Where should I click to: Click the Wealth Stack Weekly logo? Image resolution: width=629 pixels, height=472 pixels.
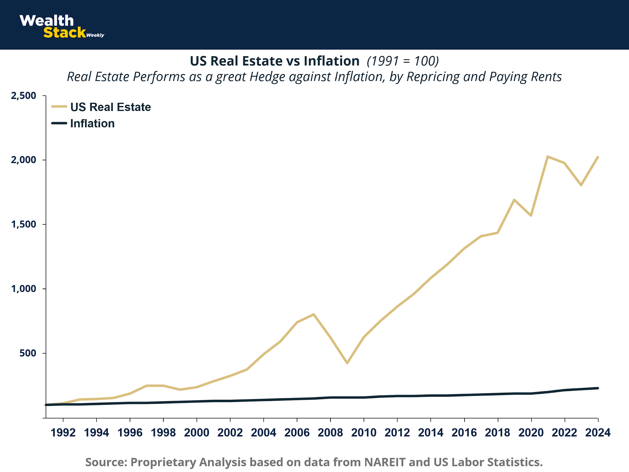click(x=61, y=27)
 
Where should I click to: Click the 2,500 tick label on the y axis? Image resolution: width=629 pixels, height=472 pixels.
click(x=24, y=96)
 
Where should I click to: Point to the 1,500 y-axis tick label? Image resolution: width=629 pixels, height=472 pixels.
click(x=24, y=225)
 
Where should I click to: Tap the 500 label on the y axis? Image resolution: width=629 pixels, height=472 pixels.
click(x=28, y=353)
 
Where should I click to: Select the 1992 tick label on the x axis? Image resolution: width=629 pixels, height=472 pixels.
click(x=63, y=433)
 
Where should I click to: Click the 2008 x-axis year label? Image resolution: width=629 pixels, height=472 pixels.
click(x=330, y=433)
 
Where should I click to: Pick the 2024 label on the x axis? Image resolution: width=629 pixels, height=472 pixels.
click(x=598, y=433)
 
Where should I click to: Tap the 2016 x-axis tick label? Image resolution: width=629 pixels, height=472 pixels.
click(x=464, y=433)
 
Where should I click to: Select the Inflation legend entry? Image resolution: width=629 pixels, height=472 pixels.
click(x=92, y=124)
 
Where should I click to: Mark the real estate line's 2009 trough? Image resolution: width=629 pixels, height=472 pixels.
click(x=347, y=363)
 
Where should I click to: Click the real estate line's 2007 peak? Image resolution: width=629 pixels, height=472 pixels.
click(x=314, y=314)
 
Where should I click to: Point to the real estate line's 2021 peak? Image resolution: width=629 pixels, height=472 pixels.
click(x=548, y=157)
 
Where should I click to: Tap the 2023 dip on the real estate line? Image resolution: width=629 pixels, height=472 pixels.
click(x=581, y=185)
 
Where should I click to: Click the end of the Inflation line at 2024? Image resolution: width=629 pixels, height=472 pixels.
click(x=598, y=388)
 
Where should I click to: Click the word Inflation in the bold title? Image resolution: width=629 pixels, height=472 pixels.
click(x=332, y=61)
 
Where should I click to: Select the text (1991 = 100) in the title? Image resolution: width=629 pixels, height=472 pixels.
click(x=403, y=61)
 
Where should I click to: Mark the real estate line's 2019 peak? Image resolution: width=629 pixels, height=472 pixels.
click(x=514, y=200)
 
